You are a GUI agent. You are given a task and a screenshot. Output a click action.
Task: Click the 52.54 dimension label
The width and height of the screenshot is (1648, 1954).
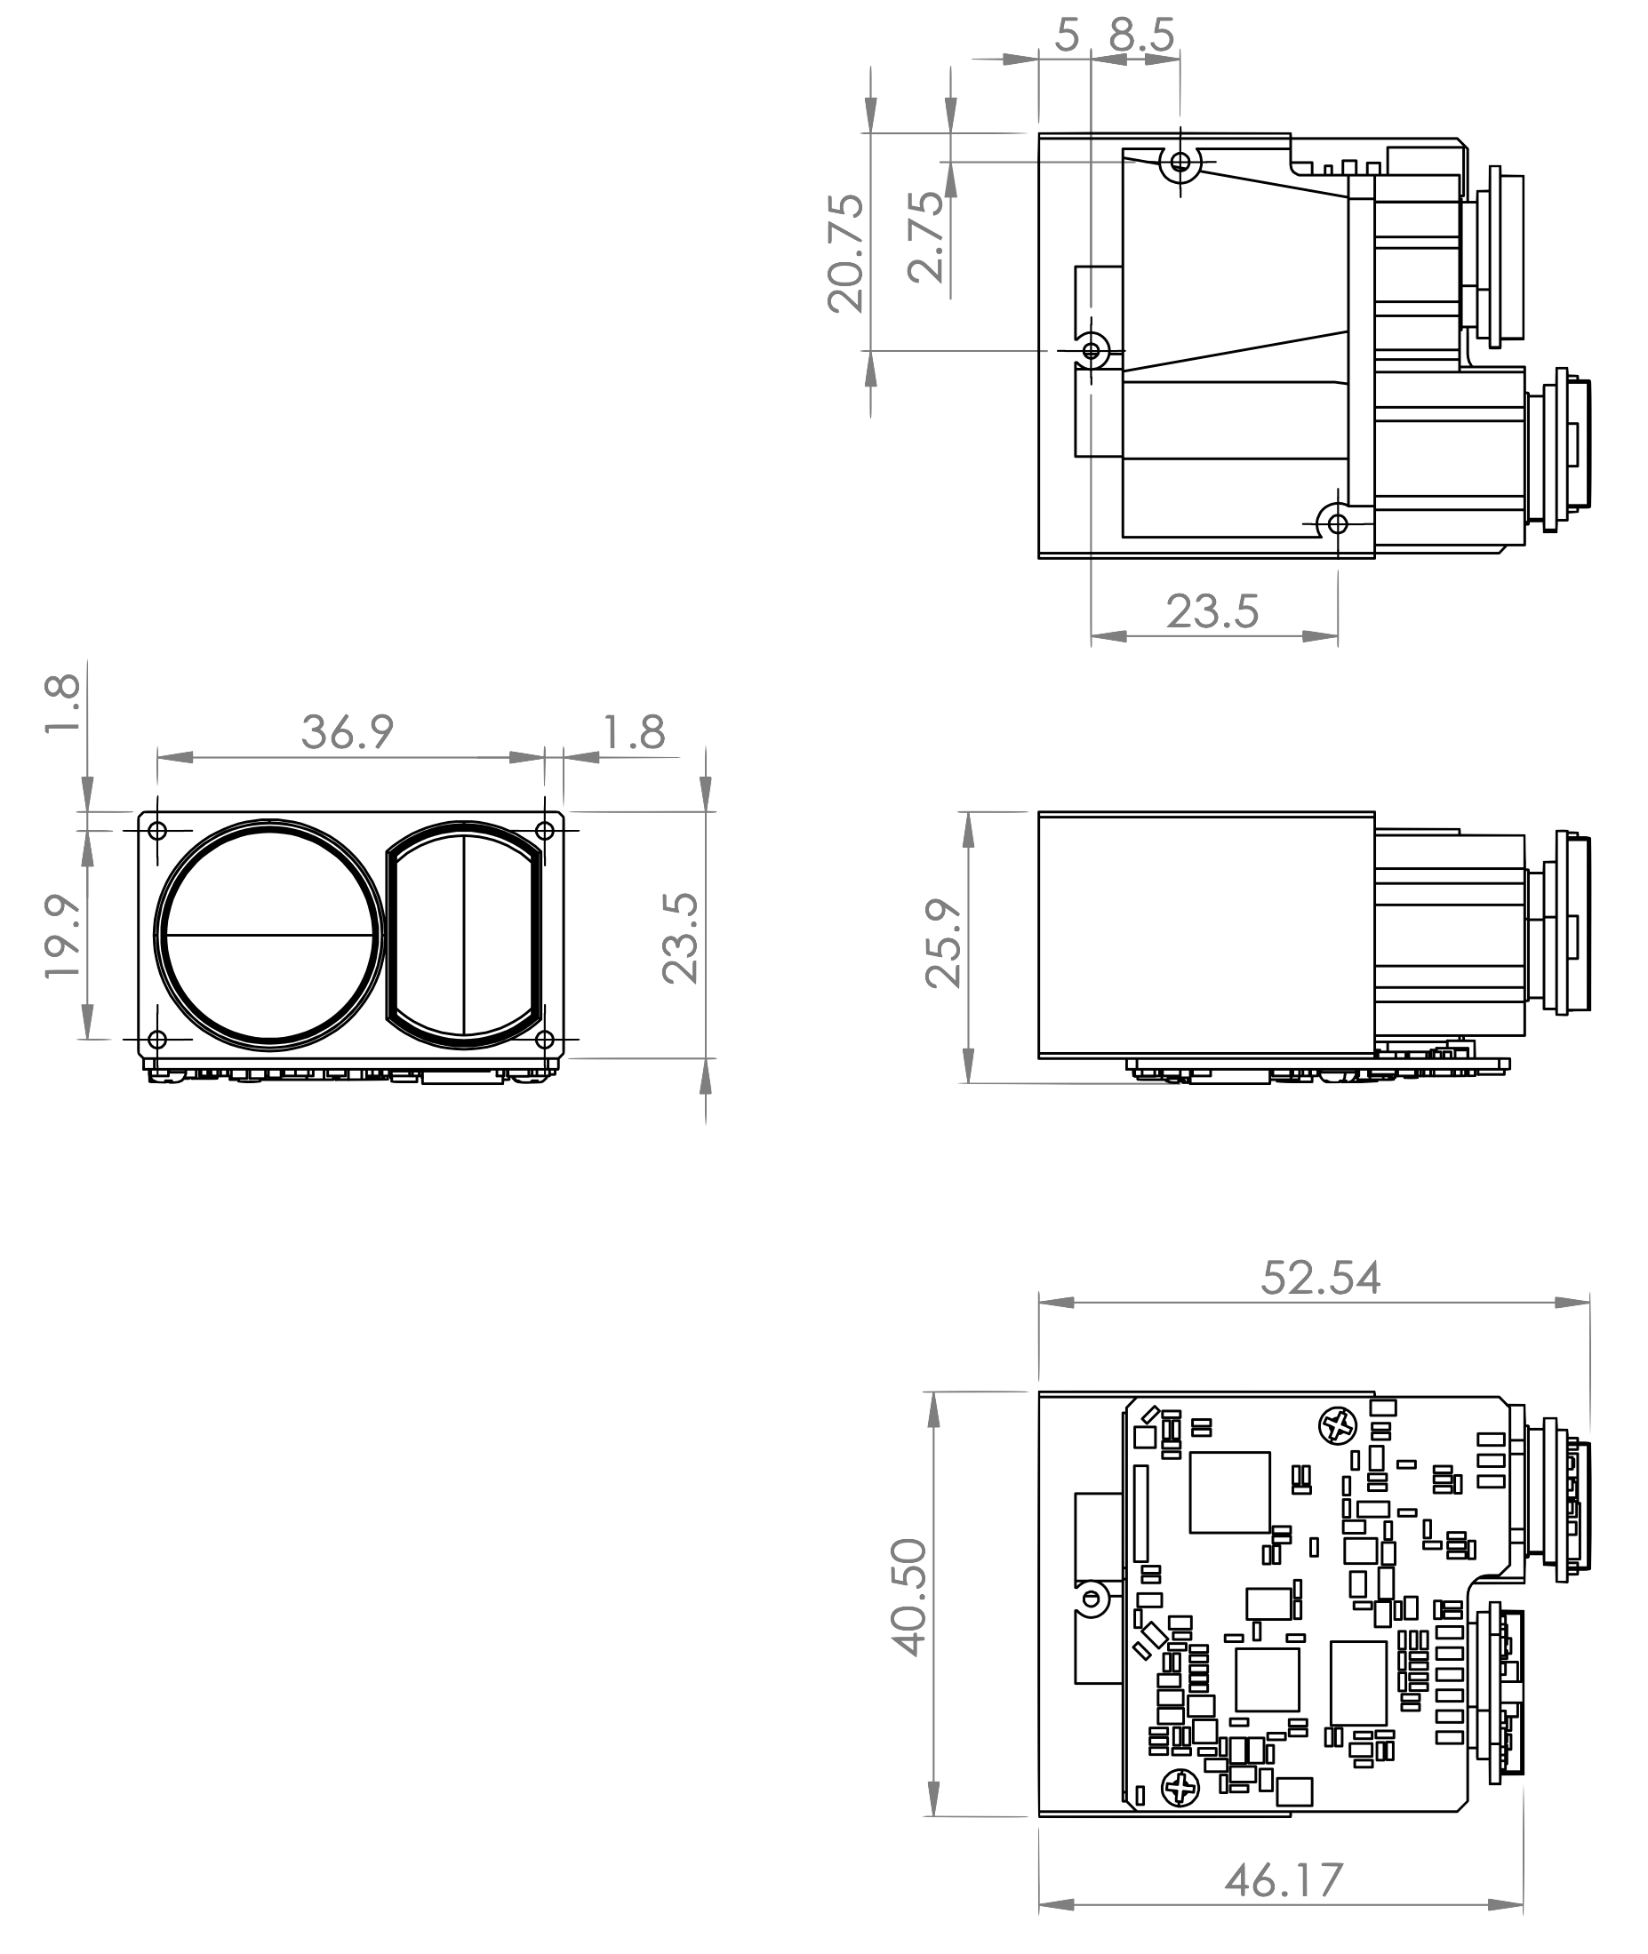click(1320, 1278)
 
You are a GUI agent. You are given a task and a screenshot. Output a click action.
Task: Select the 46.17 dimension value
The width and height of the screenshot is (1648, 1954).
click(1284, 1879)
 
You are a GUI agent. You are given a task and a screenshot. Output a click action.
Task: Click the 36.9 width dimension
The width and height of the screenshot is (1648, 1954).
click(348, 732)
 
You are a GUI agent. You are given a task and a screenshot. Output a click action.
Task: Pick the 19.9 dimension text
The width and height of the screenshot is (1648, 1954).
click(62, 936)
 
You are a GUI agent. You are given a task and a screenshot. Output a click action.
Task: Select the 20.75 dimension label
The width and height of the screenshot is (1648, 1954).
click(846, 252)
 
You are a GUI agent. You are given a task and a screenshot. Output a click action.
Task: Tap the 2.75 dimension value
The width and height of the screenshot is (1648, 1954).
click(927, 236)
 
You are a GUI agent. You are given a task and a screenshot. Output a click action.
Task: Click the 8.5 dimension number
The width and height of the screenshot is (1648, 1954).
click(1141, 36)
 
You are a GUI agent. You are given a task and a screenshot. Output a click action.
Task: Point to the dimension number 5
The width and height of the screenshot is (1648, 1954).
click(1067, 36)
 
